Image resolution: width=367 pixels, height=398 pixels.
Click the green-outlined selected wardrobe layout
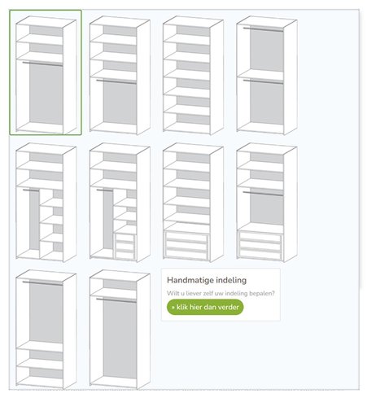tap(46, 72)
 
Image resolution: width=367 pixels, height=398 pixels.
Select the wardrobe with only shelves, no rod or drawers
tap(193, 75)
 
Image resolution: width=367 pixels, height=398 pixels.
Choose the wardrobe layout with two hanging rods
tap(267, 75)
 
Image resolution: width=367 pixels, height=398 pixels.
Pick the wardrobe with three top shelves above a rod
tap(120, 75)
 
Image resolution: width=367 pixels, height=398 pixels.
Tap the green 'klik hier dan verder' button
tap(205, 307)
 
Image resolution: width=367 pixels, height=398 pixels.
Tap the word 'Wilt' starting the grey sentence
tap(172, 293)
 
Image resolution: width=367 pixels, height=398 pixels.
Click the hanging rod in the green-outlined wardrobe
tap(42, 63)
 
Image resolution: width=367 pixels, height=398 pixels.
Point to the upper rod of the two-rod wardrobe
tap(263, 29)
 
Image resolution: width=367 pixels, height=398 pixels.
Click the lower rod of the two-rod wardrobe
tap(263, 81)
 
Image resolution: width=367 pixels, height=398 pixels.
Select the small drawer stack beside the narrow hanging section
tap(125, 246)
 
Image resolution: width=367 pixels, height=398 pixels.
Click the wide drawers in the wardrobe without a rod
tap(186, 245)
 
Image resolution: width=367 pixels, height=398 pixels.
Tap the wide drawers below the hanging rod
tap(260, 245)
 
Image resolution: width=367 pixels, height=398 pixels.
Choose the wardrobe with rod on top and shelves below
tap(46, 330)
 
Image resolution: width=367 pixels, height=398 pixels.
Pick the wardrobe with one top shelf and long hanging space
tap(120, 330)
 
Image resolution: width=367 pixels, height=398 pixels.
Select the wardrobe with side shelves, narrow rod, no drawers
tap(46, 203)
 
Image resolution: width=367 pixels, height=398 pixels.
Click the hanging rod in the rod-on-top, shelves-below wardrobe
tap(42, 283)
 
